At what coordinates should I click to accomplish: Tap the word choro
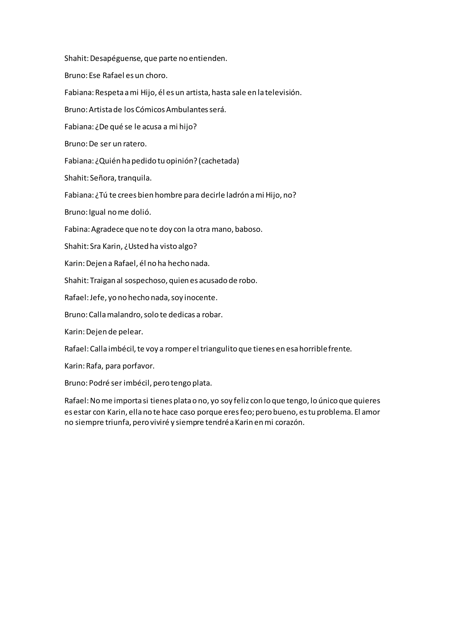coord(156,76)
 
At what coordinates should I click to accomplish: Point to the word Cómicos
coord(150,110)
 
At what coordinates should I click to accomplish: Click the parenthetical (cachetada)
coord(219,161)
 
